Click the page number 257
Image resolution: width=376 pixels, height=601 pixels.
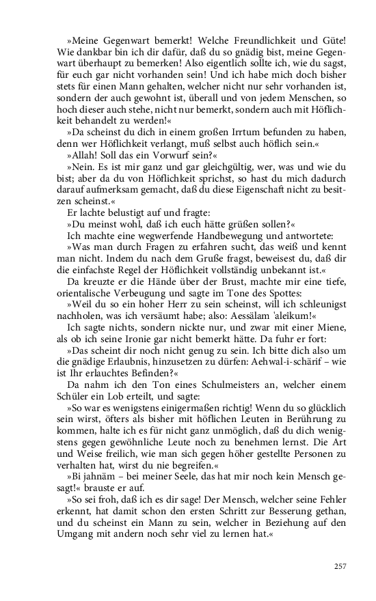(x=341, y=565)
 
